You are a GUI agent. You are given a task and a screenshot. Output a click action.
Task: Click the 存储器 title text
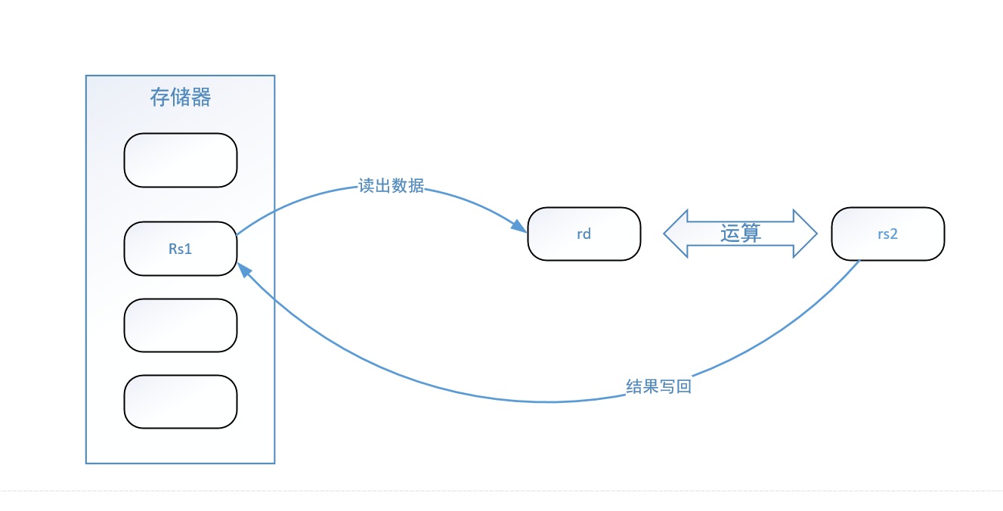click(x=180, y=98)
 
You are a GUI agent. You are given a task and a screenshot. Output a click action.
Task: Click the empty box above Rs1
click(x=181, y=160)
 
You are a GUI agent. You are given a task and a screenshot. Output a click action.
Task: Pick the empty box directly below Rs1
click(x=181, y=326)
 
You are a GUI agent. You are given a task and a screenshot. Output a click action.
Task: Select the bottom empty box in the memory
click(x=181, y=402)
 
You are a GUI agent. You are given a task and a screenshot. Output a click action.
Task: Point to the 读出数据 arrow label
click(x=392, y=186)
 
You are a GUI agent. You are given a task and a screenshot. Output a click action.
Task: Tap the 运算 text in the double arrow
click(x=741, y=234)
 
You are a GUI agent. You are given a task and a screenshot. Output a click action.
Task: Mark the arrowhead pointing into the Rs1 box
click(x=244, y=269)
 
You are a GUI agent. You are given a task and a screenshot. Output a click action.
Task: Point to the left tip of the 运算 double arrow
click(x=666, y=234)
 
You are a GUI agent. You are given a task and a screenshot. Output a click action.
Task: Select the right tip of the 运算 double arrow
click(x=816, y=234)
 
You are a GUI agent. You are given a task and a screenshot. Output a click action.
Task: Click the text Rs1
click(x=181, y=249)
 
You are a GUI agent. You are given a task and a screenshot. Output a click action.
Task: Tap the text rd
click(x=584, y=234)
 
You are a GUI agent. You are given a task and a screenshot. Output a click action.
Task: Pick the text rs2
click(x=887, y=234)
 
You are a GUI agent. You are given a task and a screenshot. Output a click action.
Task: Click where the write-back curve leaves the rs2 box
click(x=859, y=262)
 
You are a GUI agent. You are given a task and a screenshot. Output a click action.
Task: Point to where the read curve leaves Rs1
click(x=237, y=235)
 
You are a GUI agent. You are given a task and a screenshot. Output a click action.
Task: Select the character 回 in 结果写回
click(x=684, y=387)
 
